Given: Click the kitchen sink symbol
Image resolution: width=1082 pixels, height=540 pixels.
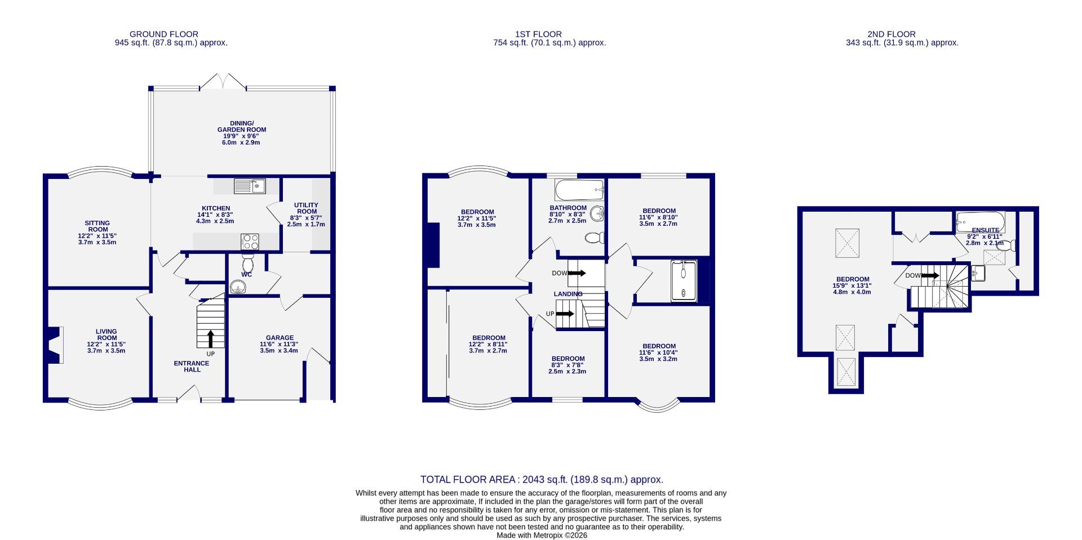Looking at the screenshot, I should pyautogui.click(x=250, y=186).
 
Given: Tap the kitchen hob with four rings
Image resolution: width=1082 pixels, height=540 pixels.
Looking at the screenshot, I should pyautogui.click(x=250, y=242).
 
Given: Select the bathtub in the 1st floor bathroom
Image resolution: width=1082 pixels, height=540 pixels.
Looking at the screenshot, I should pyautogui.click(x=579, y=190).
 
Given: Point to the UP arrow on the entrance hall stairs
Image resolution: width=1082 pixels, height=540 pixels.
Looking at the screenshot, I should pyautogui.click(x=211, y=338).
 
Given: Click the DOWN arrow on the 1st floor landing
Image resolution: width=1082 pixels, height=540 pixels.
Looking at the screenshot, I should pyautogui.click(x=577, y=273).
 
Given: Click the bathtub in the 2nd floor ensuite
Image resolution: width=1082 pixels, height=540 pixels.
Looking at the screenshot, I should pyautogui.click(x=980, y=221).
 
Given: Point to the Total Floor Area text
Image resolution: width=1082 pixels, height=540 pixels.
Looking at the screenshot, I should pyautogui.click(x=542, y=480).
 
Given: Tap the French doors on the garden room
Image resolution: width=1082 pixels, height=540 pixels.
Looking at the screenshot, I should pyautogui.click(x=223, y=82).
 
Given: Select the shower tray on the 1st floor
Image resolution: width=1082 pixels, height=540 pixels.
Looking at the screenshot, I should pyautogui.click(x=684, y=281).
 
